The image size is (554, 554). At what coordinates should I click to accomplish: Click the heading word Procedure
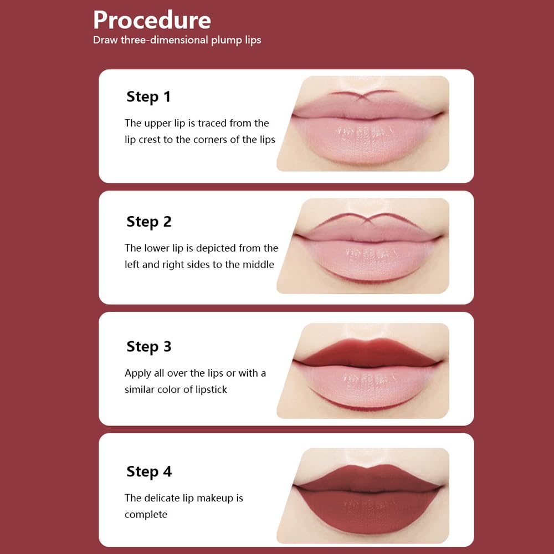coord(152,20)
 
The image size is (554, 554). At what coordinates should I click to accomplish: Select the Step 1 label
coord(148,96)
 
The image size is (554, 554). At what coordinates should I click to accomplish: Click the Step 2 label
coord(148,222)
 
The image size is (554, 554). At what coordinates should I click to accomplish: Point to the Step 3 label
coord(148,347)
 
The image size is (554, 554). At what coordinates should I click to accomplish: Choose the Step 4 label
coord(148,472)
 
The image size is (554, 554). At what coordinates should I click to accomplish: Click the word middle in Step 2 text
coord(258,265)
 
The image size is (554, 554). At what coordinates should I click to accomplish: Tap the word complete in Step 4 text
coord(146,515)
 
